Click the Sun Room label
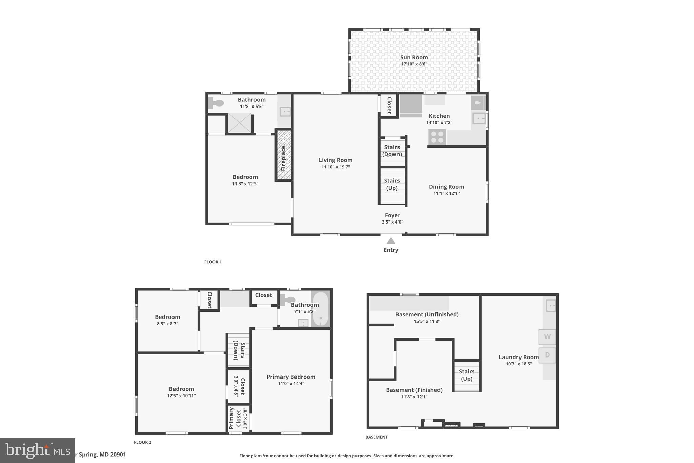click(x=414, y=57)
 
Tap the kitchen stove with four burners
click(x=437, y=137)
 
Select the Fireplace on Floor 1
click(x=284, y=155)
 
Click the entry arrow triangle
click(x=391, y=241)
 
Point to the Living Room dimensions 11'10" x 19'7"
click(x=335, y=167)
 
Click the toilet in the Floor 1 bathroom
click(x=216, y=103)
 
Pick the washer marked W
click(x=547, y=337)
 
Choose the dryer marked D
click(x=547, y=355)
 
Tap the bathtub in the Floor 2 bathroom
click(x=320, y=309)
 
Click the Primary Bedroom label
click(x=291, y=377)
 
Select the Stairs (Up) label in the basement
click(x=467, y=375)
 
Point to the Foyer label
click(x=392, y=215)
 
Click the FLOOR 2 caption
click(x=143, y=442)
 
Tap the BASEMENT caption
click(x=376, y=437)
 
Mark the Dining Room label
click(x=446, y=187)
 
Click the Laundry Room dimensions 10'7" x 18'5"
click(x=518, y=364)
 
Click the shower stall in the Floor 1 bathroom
click(x=239, y=123)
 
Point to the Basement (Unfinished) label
click(x=427, y=314)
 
